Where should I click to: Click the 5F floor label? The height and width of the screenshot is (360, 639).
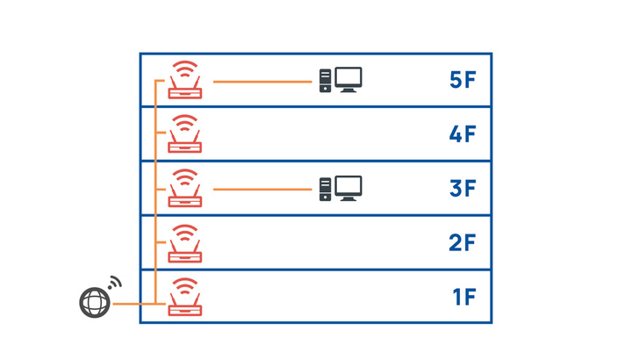(x=463, y=80)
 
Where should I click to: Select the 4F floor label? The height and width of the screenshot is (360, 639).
(x=463, y=134)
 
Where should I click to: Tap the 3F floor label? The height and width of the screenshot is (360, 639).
(x=463, y=189)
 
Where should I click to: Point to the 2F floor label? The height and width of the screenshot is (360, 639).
(x=462, y=242)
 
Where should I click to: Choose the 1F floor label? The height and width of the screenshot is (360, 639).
(x=464, y=297)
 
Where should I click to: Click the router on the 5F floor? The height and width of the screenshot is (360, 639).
(x=185, y=80)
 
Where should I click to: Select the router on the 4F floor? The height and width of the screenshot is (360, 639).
(x=185, y=133)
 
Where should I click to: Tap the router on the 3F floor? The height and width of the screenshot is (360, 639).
(x=185, y=188)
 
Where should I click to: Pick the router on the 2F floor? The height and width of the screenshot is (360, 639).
(x=185, y=243)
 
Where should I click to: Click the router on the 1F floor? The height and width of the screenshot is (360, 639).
(x=185, y=297)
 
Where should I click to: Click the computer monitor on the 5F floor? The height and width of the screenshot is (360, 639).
(x=348, y=80)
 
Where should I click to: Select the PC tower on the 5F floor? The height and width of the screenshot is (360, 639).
(x=325, y=81)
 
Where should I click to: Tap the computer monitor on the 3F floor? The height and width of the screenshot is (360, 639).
(x=348, y=189)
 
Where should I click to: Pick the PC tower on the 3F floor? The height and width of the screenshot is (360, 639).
(x=325, y=189)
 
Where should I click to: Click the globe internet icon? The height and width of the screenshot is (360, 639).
(x=95, y=303)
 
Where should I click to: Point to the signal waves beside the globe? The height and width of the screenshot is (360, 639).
(x=115, y=283)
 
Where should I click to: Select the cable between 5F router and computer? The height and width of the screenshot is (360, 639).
(x=262, y=82)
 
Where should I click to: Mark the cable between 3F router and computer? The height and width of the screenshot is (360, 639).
(x=262, y=189)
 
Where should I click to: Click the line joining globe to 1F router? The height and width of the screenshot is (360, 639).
(x=140, y=304)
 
